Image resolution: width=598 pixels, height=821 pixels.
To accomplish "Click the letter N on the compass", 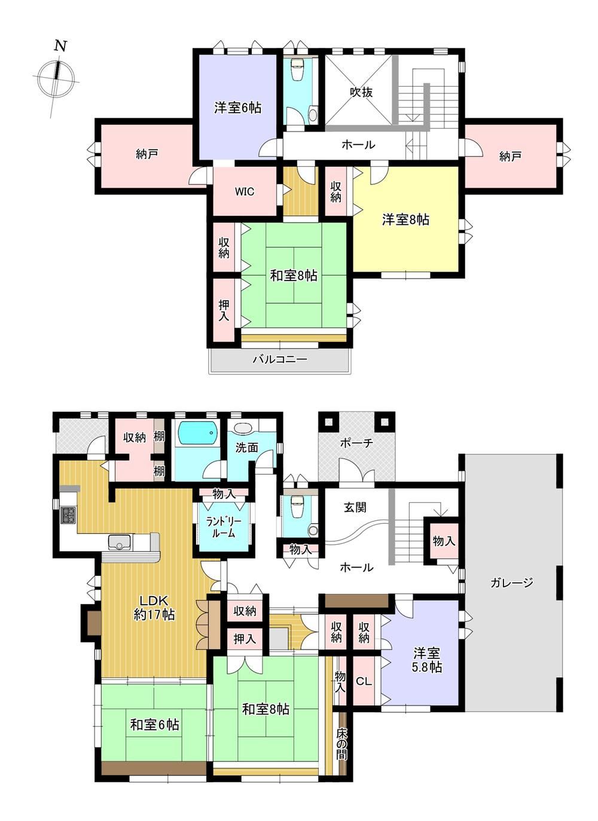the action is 61,46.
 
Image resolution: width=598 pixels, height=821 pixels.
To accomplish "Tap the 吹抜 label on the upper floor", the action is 361,92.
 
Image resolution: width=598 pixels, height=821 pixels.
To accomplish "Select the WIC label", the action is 245,191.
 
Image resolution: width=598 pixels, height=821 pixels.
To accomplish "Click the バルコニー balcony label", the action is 280,359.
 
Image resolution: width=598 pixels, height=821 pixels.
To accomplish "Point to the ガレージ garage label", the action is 511,582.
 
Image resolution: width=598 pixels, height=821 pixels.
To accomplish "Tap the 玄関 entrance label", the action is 355,508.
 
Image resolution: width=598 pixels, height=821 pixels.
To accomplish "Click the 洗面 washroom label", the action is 246,447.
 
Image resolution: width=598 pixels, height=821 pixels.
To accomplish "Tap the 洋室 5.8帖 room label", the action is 426,660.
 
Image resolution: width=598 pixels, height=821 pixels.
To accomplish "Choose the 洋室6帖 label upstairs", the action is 237,108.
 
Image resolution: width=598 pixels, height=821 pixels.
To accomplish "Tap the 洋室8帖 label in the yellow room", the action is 406,219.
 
